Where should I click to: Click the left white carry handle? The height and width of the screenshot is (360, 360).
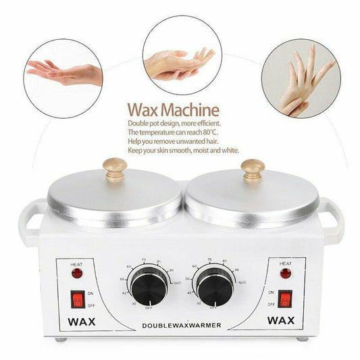tap(31, 219)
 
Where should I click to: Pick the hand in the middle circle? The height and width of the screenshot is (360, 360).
tap(179, 61)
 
